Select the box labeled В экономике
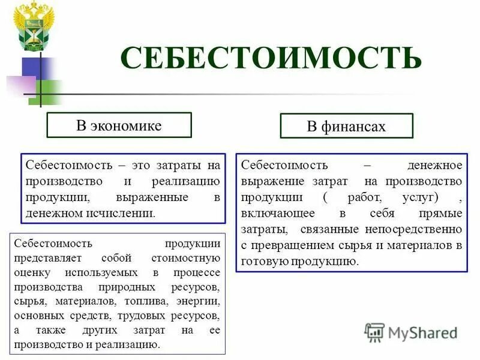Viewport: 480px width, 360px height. coord(119,125)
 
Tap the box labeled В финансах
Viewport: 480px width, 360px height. coord(346,127)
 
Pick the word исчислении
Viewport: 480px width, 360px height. coord(123,212)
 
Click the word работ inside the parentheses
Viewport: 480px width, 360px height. coord(362,197)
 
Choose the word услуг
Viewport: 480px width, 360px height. coord(418,197)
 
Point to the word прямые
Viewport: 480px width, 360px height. coord(440,213)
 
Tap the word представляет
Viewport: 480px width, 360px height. coord(47,259)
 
